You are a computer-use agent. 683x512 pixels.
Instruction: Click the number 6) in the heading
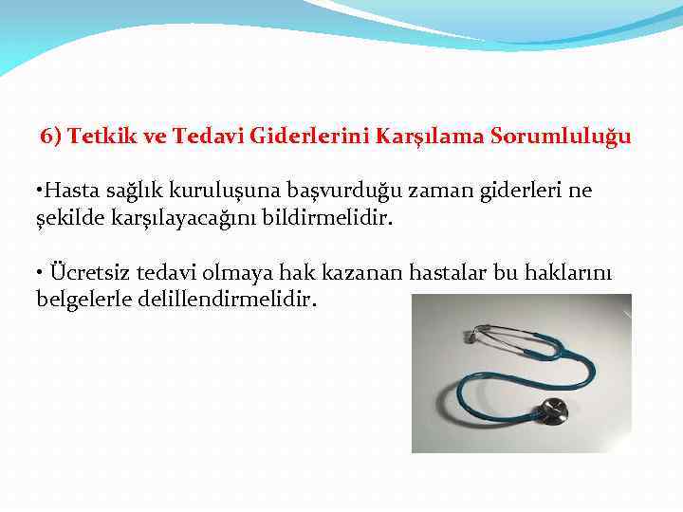51,137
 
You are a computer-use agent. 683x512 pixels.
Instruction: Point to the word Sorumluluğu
561,137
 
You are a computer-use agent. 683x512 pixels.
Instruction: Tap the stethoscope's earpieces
470,334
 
